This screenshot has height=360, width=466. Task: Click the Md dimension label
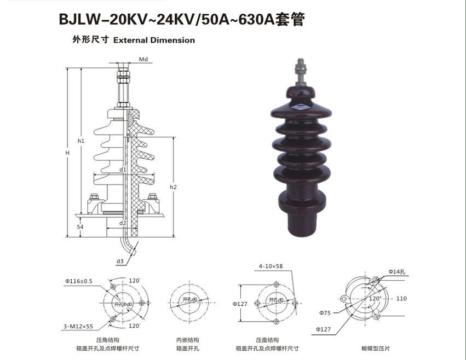tap(143, 60)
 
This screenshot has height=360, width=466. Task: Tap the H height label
tap(67, 153)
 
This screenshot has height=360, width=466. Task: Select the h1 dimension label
tap(81, 141)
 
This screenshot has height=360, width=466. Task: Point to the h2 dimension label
tap(173, 187)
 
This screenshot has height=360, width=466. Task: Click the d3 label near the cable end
tap(120, 262)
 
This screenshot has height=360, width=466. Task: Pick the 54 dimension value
tap(80, 227)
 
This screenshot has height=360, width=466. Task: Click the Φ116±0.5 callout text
tap(79, 281)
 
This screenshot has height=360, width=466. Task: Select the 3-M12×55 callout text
tap(78, 327)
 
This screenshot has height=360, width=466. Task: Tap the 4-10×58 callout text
tap(271, 266)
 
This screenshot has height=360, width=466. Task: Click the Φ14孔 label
tap(397, 271)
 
